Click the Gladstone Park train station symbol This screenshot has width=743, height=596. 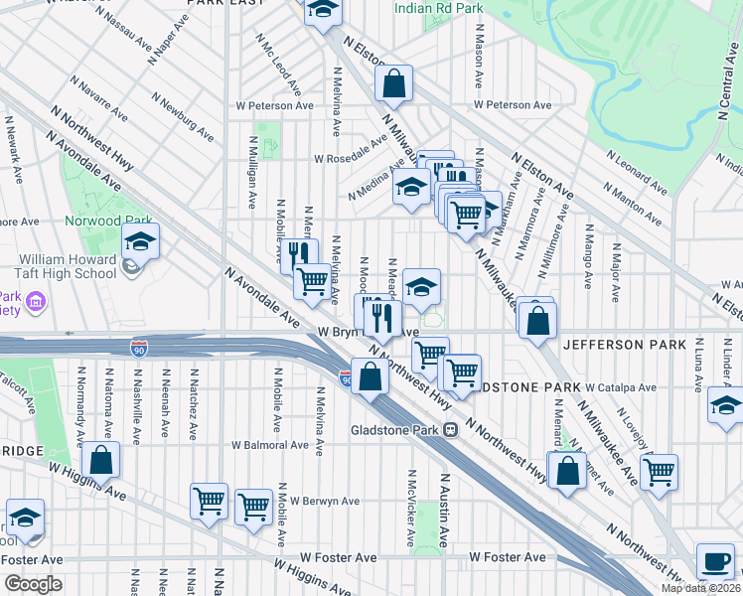[x=450, y=430]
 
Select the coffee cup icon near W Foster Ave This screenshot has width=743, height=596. [x=715, y=560]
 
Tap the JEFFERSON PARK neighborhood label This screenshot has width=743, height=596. [x=624, y=345]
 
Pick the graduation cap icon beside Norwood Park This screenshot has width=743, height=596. [x=140, y=240]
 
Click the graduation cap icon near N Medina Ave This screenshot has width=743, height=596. [x=410, y=187]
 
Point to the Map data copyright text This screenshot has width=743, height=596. [x=700, y=588]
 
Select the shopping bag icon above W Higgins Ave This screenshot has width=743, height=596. [x=101, y=460]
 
